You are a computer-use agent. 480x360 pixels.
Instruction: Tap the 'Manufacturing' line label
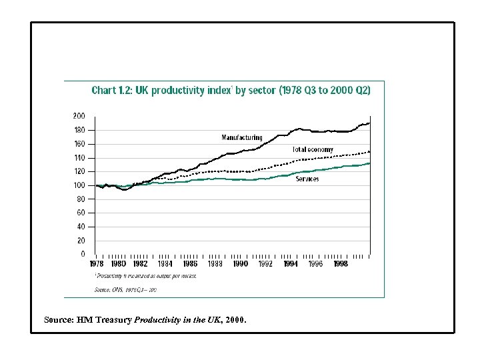click(242, 137)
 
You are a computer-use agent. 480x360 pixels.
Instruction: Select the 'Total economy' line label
click(313, 149)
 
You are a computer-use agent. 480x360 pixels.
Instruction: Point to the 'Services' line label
click(307, 179)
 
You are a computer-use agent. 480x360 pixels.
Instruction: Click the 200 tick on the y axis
click(79, 116)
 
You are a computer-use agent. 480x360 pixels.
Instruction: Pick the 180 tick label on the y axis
click(79, 130)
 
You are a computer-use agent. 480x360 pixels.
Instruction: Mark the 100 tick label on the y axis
click(79, 185)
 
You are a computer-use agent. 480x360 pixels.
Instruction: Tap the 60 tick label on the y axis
click(81, 213)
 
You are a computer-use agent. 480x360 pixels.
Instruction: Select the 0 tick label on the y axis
click(83, 254)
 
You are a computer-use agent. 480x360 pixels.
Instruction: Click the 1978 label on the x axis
click(97, 264)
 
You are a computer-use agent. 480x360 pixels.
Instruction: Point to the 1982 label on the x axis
click(140, 264)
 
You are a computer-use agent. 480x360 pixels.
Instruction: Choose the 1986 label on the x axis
click(190, 264)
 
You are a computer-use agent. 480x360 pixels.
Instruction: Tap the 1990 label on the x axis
click(240, 264)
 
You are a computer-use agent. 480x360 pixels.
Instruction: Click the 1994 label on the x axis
click(290, 264)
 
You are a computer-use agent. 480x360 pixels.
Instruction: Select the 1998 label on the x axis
click(340, 264)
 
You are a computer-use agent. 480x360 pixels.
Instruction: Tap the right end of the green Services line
click(369, 163)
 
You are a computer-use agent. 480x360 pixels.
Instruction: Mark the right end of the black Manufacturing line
click(369, 123)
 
